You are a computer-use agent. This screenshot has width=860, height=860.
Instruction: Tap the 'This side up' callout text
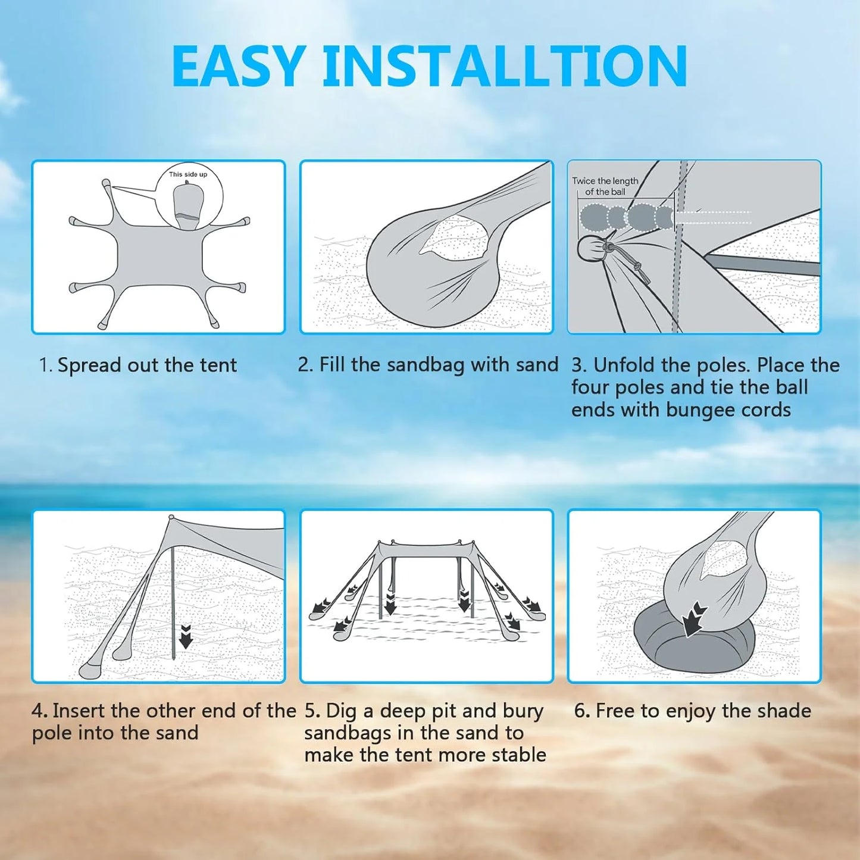tap(188, 174)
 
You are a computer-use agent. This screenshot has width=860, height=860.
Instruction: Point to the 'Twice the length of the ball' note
tap(605, 186)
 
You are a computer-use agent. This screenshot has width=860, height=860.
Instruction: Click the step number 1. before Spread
tap(46, 365)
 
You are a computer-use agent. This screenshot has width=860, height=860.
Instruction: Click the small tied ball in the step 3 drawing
tap(589, 248)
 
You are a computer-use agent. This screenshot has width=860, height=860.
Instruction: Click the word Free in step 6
tap(615, 711)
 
